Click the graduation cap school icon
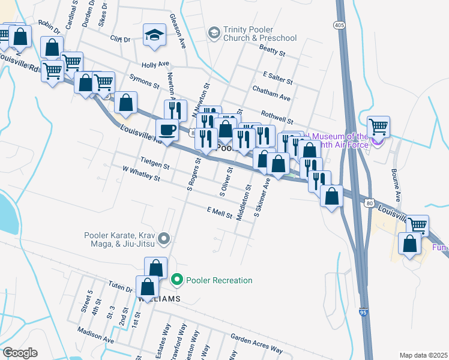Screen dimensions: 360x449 pos(154,35)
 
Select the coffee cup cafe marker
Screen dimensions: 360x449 pos(166,130)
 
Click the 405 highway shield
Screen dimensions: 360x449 pos(340,25)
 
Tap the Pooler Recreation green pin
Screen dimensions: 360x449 pos(176,280)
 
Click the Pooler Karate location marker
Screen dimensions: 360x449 pos(166,239)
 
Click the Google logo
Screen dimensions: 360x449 pos(19,353)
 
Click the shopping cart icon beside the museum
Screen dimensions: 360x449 pos(378,127)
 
